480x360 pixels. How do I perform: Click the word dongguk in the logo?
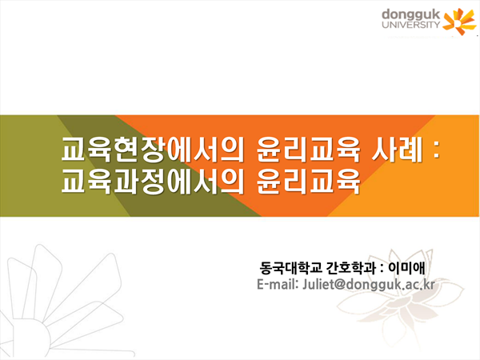(x=411, y=15)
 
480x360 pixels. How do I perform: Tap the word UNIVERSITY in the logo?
(x=411, y=25)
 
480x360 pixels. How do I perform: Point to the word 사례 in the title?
(x=397, y=150)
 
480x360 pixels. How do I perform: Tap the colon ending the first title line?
(x=436, y=150)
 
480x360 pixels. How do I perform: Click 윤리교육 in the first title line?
(x=308, y=150)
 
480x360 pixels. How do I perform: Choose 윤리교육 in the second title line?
(x=308, y=182)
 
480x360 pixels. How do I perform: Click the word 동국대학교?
(x=291, y=268)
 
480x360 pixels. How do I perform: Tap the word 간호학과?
(x=351, y=268)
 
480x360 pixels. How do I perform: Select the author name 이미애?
(x=406, y=268)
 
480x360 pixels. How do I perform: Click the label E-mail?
(x=278, y=284)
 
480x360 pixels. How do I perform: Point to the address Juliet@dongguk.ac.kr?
(x=369, y=285)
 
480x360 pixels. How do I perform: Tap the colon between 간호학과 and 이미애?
(x=382, y=269)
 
